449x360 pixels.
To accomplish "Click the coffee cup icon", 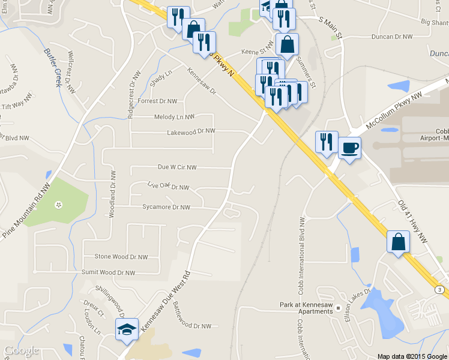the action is [349, 147].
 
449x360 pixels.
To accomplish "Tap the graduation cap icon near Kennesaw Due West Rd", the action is [127, 329].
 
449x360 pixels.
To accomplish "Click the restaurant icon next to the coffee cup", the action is [327, 142].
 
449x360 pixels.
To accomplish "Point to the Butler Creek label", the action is [53, 67].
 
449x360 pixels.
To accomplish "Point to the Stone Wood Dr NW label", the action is [121, 256].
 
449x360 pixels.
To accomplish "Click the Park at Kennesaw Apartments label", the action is [306, 308].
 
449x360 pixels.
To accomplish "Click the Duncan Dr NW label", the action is [393, 37].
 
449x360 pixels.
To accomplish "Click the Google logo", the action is [22, 350].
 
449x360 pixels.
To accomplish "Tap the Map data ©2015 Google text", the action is [412, 356].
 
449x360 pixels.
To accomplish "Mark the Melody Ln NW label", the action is [175, 117].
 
